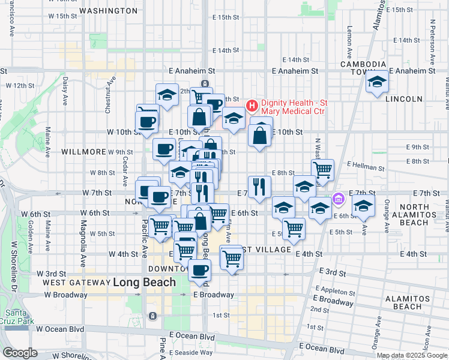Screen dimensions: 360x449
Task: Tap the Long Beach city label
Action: point(144,282)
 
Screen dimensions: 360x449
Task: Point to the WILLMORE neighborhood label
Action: point(83,152)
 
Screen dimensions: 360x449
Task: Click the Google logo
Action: point(20,353)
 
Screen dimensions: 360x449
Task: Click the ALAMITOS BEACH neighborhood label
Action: point(409,302)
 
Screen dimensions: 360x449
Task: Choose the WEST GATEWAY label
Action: point(75,282)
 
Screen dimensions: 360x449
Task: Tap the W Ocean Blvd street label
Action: point(59,329)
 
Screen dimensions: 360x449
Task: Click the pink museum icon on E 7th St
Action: point(338,197)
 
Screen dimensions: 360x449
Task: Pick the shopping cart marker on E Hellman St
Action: point(322,170)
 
